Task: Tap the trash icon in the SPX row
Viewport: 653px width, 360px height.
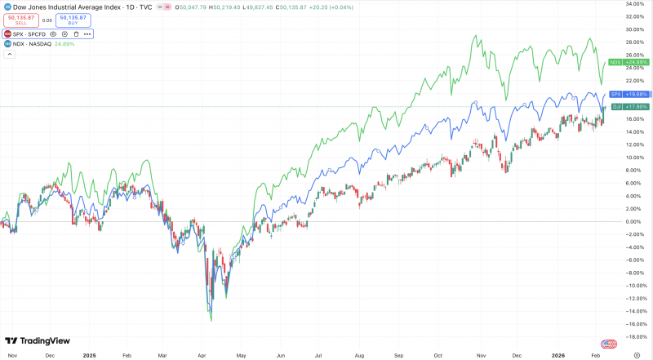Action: pyautogui.click(x=76, y=34)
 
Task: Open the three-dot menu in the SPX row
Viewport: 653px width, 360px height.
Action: pyautogui.click(x=87, y=34)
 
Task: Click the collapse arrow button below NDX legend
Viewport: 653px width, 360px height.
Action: pyautogui.click(x=10, y=55)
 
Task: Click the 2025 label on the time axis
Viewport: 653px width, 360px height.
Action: pyautogui.click(x=89, y=356)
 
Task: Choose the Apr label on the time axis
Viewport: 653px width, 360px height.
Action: pyautogui.click(x=202, y=356)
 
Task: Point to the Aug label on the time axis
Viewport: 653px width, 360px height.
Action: pyautogui.click(x=358, y=356)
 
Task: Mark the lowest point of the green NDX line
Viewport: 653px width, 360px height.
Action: pyautogui.click(x=211, y=321)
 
